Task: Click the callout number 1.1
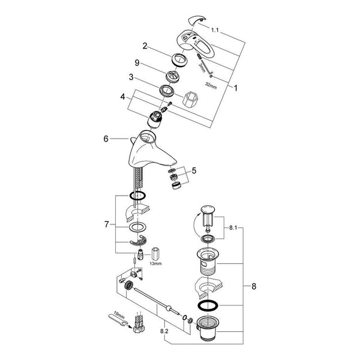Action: [215, 30]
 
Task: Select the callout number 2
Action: [145, 46]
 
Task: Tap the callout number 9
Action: [137, 62]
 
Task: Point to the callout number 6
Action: [106, 139]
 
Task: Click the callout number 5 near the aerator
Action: [194, 170]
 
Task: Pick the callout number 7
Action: [106, 224]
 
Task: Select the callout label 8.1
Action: [233, 228]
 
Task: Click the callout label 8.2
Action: [164, 331]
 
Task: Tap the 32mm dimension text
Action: [211, 86]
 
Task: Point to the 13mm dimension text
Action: [155, 263]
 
